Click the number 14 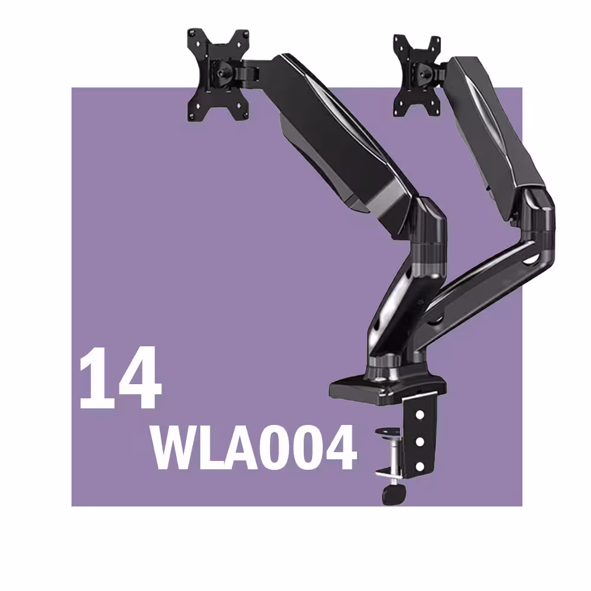click(120, 378)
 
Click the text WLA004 click(254, 447)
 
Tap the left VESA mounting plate click(218, 74)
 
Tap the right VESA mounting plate click(417, 76)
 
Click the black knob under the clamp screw click(394, 493)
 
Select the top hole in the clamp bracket click(420, 415)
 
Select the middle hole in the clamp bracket click(420, 441)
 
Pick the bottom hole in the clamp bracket click(420, 467)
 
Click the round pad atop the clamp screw click(388, 431)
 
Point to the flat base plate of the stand click(387, 388)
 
